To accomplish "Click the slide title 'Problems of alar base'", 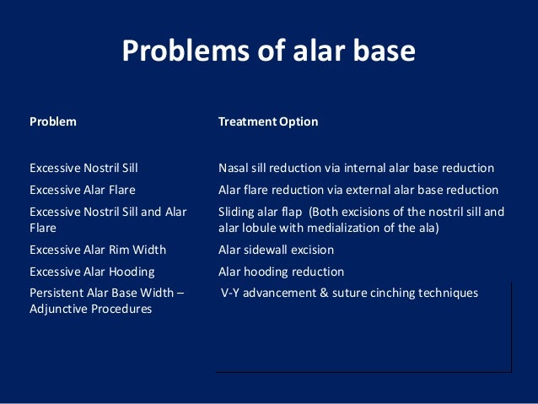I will (x=268, y=51).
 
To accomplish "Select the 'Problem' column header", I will (x=53, y=121).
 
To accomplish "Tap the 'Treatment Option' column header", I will (x=268, y=121).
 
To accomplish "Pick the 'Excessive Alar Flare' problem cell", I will (x=83, y=190).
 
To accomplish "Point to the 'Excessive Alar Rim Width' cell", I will (x=97, y=250).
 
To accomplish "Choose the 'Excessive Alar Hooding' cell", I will (x=92, y=272).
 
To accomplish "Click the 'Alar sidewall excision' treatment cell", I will (x=276, y=250).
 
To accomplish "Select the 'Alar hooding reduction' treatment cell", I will (x=281, y=272).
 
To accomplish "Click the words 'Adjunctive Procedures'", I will (x=90, y=309).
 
